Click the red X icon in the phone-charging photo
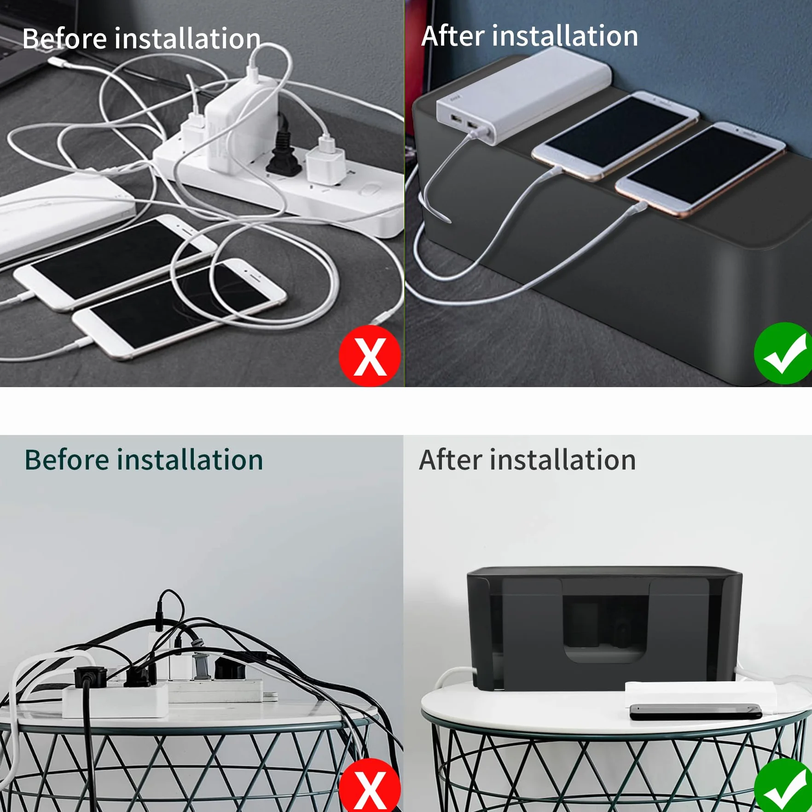370,356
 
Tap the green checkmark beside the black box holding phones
783,353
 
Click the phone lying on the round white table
696,712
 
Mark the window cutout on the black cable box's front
605,628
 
